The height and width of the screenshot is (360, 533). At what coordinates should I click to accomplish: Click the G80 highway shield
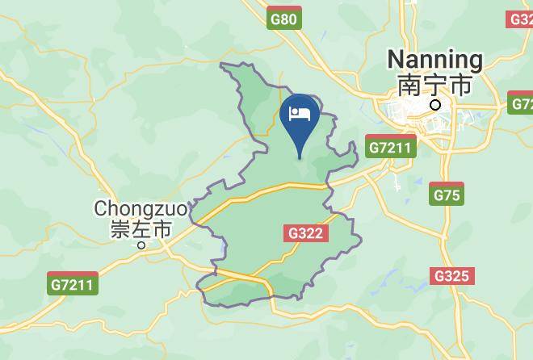pos(283,19)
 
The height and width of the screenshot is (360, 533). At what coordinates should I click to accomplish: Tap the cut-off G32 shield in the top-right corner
pos(521,19)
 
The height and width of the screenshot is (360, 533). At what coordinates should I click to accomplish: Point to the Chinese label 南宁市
pos(434,85)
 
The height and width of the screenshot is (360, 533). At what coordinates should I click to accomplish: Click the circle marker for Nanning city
pos(436,105)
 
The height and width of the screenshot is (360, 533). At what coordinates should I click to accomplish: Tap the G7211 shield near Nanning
pos(390,148)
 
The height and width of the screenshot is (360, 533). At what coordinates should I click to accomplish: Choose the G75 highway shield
pos(447,195)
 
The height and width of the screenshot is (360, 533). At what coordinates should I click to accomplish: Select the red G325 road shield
pos(451,276)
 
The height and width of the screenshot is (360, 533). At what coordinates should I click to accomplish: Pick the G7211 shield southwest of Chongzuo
pos(73,284)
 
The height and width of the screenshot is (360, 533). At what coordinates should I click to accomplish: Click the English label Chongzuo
pos(141,208)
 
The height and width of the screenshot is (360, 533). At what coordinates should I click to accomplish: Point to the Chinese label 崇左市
pos(141,229)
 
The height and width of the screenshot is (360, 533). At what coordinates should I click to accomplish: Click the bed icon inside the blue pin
pos(300,113)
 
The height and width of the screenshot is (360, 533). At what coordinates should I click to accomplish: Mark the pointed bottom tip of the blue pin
pos(300,159)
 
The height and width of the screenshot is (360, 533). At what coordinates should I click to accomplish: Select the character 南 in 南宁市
pos(409,85)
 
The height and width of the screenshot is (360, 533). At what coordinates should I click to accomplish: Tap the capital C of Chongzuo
pos(101,208)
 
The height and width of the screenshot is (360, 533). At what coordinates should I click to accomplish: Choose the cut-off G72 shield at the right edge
pos(522,103)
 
